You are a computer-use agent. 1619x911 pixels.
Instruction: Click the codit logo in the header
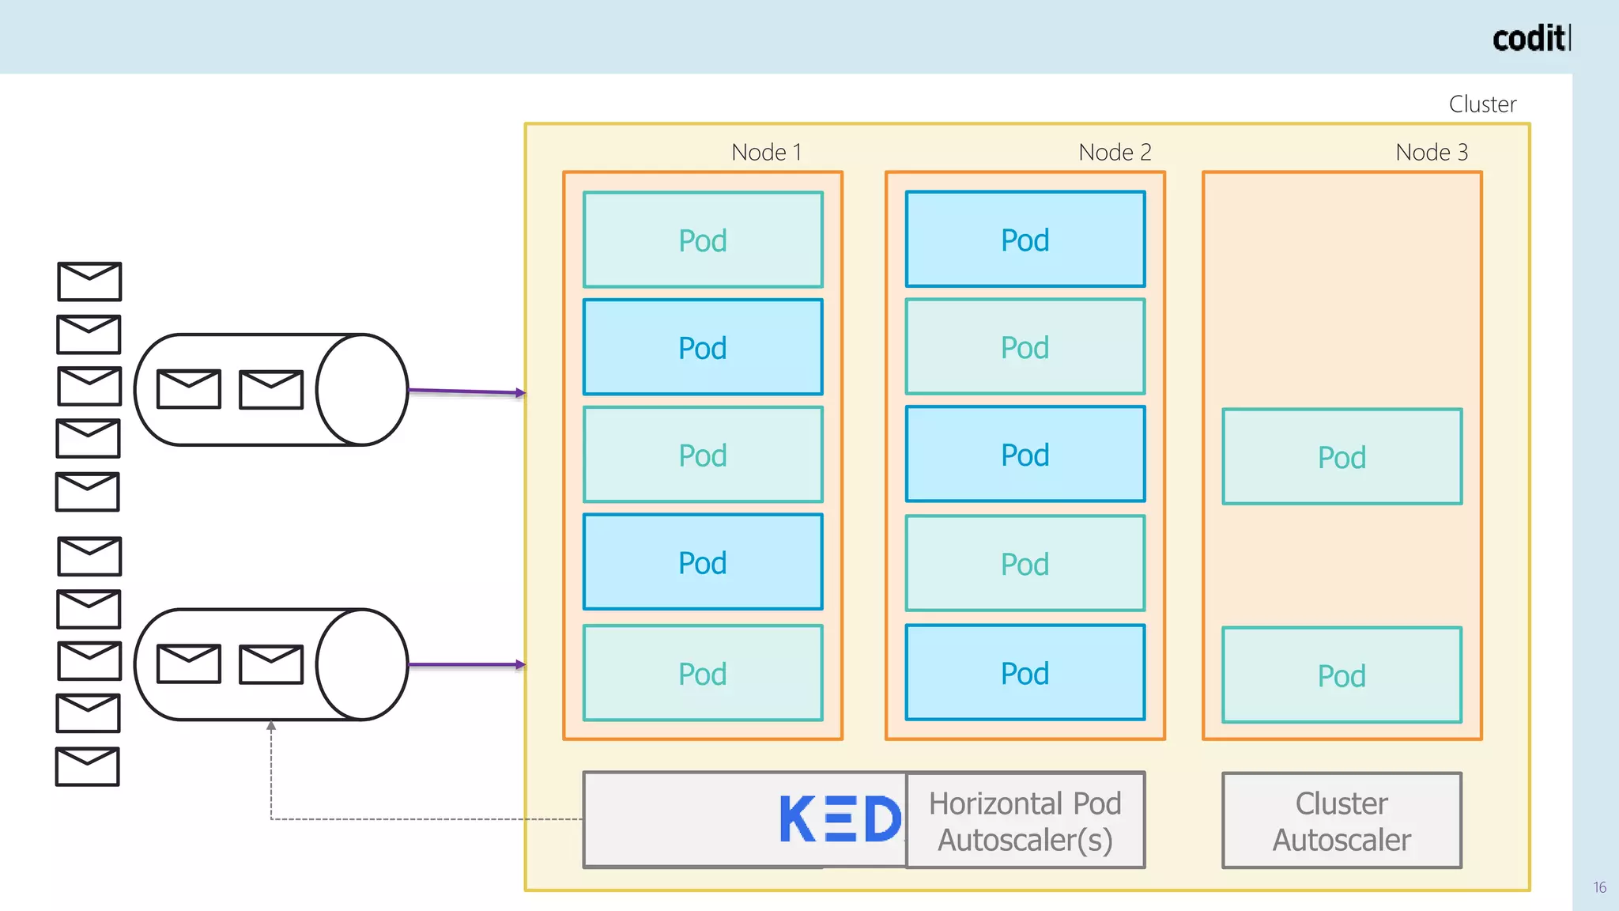pyautogui.click(x=1530, y=38)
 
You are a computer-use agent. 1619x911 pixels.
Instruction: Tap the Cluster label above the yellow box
pyautogui.click(x=1482, y=104)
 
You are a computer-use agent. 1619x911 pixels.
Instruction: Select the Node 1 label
pyautogui.click(x=766, y=152)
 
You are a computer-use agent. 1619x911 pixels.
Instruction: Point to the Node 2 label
pyautogui.click(x=1115, y=152)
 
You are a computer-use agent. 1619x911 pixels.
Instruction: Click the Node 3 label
pyautogui.click(x=1431, y=152)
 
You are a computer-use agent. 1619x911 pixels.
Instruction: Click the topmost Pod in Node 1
pyautogui.click(x=703, y=240)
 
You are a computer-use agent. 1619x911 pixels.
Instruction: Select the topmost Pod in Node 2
pyautogui.click(x=1025, y=239)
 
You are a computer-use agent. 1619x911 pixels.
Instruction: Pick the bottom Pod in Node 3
pyautogui.click(x=1342, y=675)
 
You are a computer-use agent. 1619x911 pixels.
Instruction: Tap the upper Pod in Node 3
pyautogui.click(x=1342, y=456)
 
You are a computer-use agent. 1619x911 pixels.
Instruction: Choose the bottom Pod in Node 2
pyautogui.click(x=1025, y=673)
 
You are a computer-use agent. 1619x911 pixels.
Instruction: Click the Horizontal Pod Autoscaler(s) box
pyautogui.click(x=1025, y=821)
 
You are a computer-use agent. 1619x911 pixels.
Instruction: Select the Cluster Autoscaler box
pyautogui.click(x=1342, y=821)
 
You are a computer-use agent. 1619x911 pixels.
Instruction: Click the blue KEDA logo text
pyautogui.click(x=840, y=820)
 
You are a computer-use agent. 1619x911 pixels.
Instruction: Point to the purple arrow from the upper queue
pyautogui.click(x=466, y=391)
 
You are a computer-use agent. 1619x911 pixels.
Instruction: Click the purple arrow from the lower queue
pyautogui.click(x=466, y=665)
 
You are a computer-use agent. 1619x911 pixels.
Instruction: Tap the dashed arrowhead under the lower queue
pyautogui.click(x=271, y=726)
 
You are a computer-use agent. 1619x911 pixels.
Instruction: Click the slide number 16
pyautogui.click(x=1599, y=887)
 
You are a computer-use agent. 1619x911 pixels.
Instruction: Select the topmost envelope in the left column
pyautogui.click(x=89, y=282)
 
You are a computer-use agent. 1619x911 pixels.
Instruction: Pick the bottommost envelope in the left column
pyautogui.click(x=88, y=766)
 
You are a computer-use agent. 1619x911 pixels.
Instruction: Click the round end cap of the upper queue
pyautogui.click(x=362, y=390)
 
